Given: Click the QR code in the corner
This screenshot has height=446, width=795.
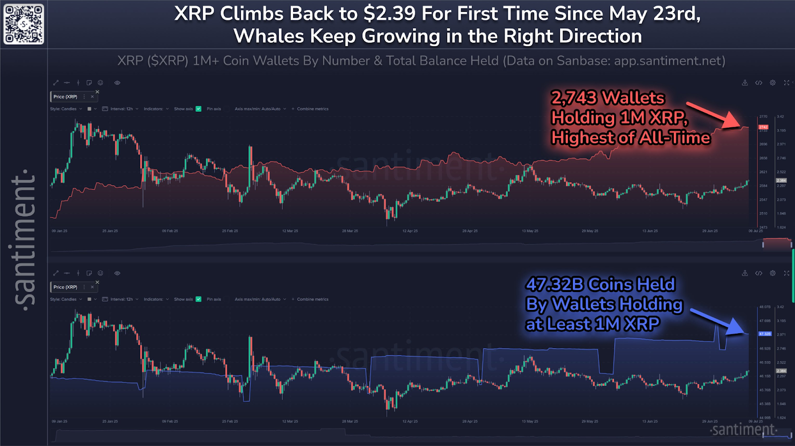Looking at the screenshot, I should (x=24, y=24).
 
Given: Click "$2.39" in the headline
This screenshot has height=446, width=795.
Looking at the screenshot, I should (x=389, y=14).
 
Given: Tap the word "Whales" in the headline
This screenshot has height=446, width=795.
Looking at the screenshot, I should (x=268, y=36).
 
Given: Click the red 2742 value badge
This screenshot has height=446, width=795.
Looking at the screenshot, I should (x=763, y=127).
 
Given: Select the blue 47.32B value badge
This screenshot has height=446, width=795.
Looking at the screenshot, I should (x=765, y=334).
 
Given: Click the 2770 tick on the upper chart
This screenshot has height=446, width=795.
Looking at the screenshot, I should (x=763, y=117).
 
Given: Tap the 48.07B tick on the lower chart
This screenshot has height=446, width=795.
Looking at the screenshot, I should (x=765, y=307).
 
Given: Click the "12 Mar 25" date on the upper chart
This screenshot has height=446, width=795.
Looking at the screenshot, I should (x=290, y=231).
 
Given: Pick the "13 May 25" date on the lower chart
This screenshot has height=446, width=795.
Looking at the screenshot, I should (x=530, y=421).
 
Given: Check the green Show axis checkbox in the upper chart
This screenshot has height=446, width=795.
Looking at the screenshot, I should (x=199, y=109).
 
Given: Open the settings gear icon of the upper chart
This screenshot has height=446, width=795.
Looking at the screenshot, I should (x=773, y=83).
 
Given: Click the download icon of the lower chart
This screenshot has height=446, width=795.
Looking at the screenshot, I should (x=745, y=273).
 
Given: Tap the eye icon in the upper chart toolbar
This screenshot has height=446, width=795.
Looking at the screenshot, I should (x=117, y=83).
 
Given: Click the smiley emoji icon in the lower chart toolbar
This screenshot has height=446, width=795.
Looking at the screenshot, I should (x=100, y=273).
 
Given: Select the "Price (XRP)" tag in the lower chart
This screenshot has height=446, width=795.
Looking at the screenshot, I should (x=66, y=287).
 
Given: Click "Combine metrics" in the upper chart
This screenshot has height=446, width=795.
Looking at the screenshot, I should (x=313, y=109).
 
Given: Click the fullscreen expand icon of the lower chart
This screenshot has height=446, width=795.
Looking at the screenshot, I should (x=787, y=273).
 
